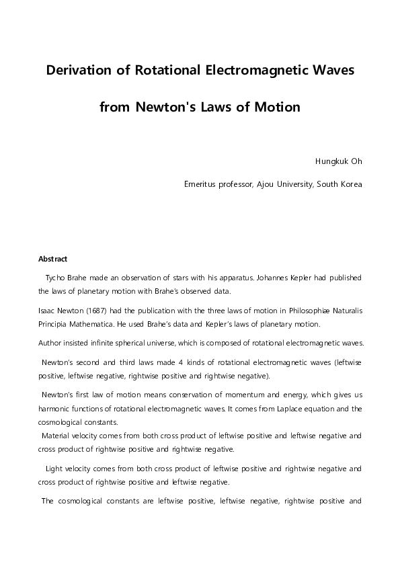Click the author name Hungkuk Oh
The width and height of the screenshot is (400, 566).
point(339,162)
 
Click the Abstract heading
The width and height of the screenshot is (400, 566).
point(53,259)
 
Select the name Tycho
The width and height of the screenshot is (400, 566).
point(56,277)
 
